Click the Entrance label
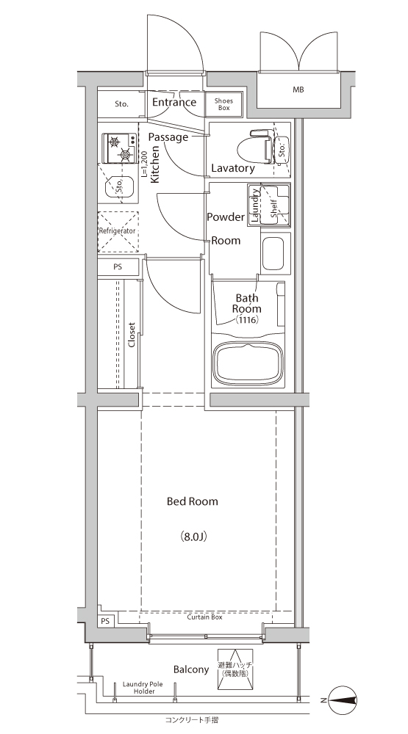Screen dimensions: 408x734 point(174,102)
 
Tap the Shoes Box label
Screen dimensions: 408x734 point(223,104)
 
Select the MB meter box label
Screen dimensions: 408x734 point(298,90)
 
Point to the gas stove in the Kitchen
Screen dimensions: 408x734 point(119,148)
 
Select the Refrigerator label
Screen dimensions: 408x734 point(117,231)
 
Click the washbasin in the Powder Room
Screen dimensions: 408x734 point(273,254)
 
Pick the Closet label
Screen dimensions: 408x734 point(132,335)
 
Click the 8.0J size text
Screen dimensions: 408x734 point(193,537)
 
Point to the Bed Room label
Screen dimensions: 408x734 point(193,501)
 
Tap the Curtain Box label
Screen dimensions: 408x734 point(204,617)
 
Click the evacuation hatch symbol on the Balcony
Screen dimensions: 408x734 point(235,669)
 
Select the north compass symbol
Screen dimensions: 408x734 point(343,700)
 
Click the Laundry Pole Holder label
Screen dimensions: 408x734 point(143,688)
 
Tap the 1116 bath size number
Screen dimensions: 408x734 point(247,320)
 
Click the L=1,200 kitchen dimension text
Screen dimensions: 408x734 point(144,164)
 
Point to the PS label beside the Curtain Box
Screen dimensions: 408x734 point(106,621)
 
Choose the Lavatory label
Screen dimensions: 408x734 point(233,168)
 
